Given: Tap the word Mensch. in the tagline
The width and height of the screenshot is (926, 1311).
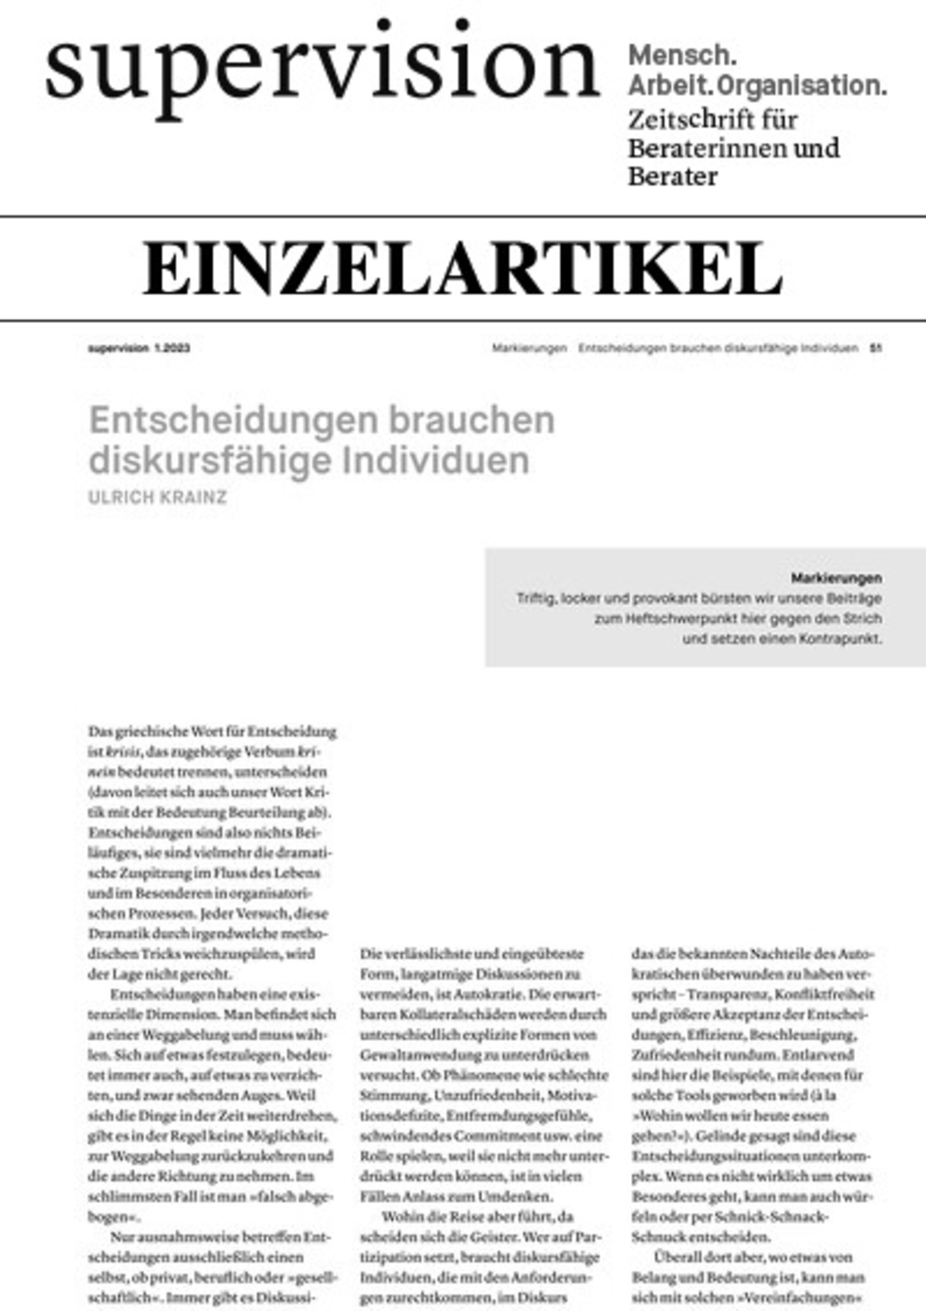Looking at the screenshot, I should (x=683, y=55).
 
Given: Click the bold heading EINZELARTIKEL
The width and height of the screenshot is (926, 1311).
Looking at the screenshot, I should (x=462, y=268).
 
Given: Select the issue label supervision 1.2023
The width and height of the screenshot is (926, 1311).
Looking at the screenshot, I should (x=139, y=348).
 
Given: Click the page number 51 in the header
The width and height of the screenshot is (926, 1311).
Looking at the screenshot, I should (x=875, y=348).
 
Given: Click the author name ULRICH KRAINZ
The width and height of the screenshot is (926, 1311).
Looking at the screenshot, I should (x=157, y=497).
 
